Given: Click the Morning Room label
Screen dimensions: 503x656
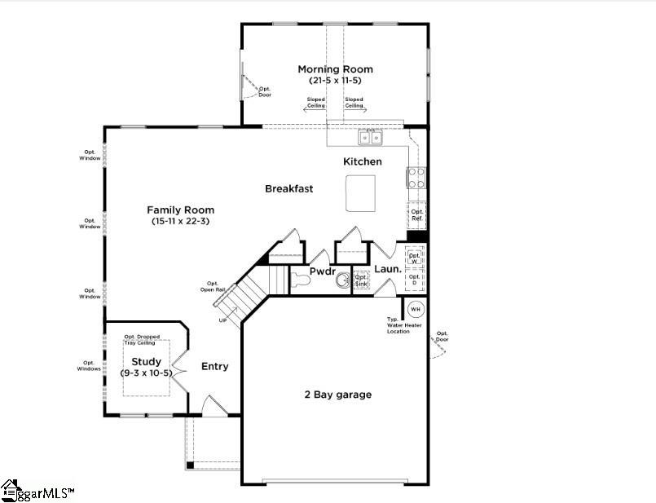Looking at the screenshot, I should pyautogui.click(x=335, y=69).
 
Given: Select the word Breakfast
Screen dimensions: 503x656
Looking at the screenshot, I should pyautogui.click(x=288, y=188).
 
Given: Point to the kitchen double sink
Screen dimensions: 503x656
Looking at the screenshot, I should pyautogui.click(x=371, y=137).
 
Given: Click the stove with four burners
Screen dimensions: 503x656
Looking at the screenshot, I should pyautogui.click(x=416, y=178).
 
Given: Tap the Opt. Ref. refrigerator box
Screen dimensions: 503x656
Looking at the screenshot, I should pyautogui.click(x=416, y=215).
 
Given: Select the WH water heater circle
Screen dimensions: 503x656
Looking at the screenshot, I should pyautogui.click(x=415, y=309).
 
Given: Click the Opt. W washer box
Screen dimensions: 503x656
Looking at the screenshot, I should pyautogui.click(x=415, y=257).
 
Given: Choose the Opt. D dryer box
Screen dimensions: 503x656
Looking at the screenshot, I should pyautogui.click(x=415, y=280).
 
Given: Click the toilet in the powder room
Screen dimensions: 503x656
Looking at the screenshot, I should pyautogui.click(x=299, y=281).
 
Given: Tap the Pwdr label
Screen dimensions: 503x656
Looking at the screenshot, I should pyautogui.click(x=323, y=271).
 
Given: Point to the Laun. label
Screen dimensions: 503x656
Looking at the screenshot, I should pyautogui.click(x=388, y=269).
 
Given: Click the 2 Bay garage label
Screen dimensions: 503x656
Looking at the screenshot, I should pyautogui.click(x=337, y=395).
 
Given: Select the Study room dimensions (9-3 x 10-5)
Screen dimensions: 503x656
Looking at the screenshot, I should pyautogui.click(x=147, y=373).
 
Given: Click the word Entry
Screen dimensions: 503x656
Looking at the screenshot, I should pyautogui.click(x=215, y=367).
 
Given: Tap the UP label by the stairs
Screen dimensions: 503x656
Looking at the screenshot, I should pyautogui.click(x=222, y=320).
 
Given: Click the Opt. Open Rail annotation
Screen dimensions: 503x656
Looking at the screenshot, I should pyautogui.click(x=213, y=286).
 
